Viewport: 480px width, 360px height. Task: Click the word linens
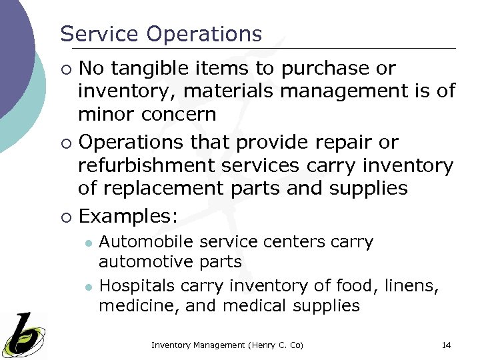tap(417, 286)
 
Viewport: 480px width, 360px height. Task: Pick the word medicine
tap(130, 306)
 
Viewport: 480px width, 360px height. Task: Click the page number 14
tap(447, 345)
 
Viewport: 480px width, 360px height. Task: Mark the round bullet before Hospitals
tap(88, 287)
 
